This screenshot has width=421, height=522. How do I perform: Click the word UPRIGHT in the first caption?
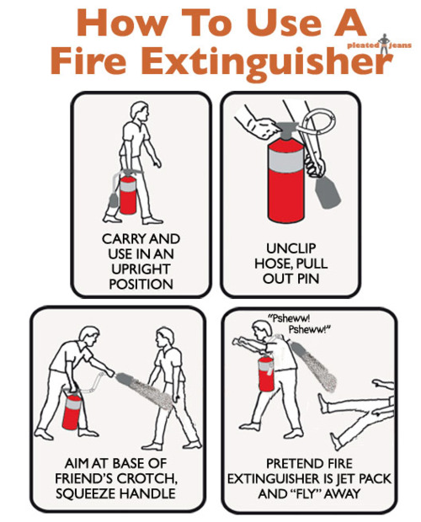click(141, 269)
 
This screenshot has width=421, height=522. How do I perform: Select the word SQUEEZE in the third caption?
click(93, 493)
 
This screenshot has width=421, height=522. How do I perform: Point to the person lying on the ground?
click(354, 408)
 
